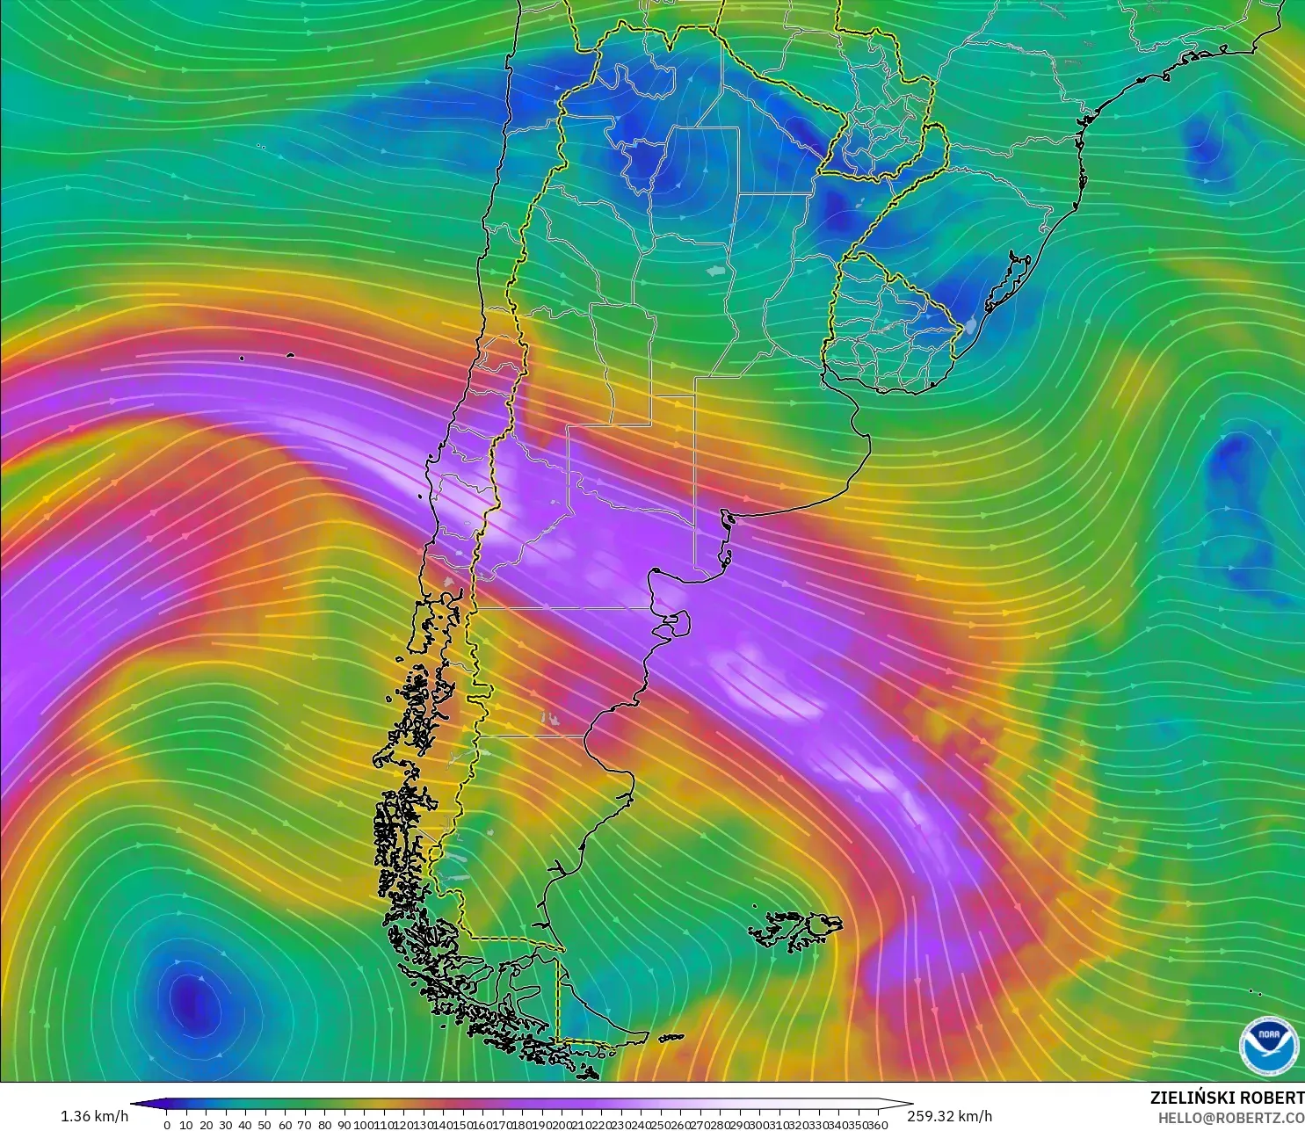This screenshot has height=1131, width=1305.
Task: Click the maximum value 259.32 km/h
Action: tap(949, 1116)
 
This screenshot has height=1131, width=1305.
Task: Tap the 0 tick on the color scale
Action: tap(167, 1125)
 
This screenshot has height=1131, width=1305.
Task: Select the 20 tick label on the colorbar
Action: tap(206, 1125)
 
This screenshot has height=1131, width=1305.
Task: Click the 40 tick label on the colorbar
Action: tap(245, 1125)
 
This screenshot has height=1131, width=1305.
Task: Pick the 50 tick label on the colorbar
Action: tap(265, 1125)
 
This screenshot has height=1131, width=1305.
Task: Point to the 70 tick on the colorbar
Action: tap(304, 1125)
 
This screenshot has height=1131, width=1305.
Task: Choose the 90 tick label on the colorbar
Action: tap(344, 1125)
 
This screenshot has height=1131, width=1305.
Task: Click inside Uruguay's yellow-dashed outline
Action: tap(888, 330)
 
